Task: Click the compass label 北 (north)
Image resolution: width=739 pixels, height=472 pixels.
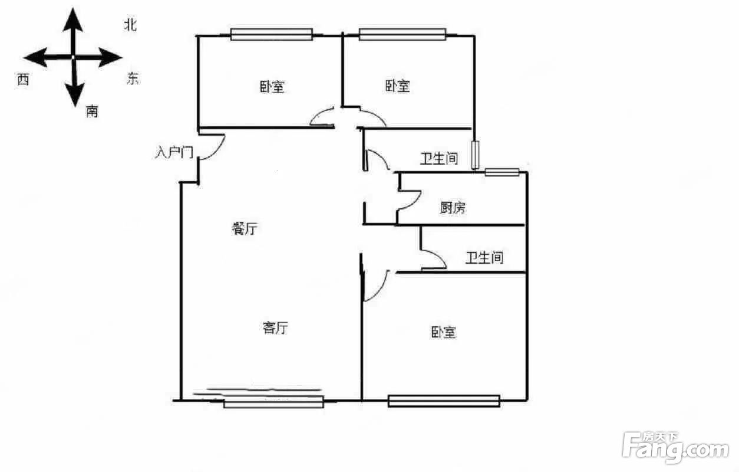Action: pos(130,24)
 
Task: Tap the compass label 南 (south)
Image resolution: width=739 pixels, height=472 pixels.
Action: pos(92,111)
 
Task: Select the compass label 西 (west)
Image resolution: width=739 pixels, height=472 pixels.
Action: pos(23,80)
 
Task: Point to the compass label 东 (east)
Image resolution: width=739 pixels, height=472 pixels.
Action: pos(133,78)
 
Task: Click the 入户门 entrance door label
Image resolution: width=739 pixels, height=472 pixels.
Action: pos(174,153)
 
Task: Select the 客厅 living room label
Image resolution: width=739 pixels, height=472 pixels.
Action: pos(275,327)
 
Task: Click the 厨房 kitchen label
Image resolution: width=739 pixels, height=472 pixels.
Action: pos(453,207)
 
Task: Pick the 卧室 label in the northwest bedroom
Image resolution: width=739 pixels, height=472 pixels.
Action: pos(272,87)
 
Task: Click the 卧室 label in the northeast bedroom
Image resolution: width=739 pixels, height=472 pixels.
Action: pos(398,86)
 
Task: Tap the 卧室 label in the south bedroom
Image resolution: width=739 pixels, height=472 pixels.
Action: pos(443,332)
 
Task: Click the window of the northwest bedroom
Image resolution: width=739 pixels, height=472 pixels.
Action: pos(271,35)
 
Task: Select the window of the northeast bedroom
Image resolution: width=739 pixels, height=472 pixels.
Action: pos(402,35)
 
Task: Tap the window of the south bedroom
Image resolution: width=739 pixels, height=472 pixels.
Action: pos(444,401)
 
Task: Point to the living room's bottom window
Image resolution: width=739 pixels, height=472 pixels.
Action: pos(273,402)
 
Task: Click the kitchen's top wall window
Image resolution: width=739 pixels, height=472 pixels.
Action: pos(502,172)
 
